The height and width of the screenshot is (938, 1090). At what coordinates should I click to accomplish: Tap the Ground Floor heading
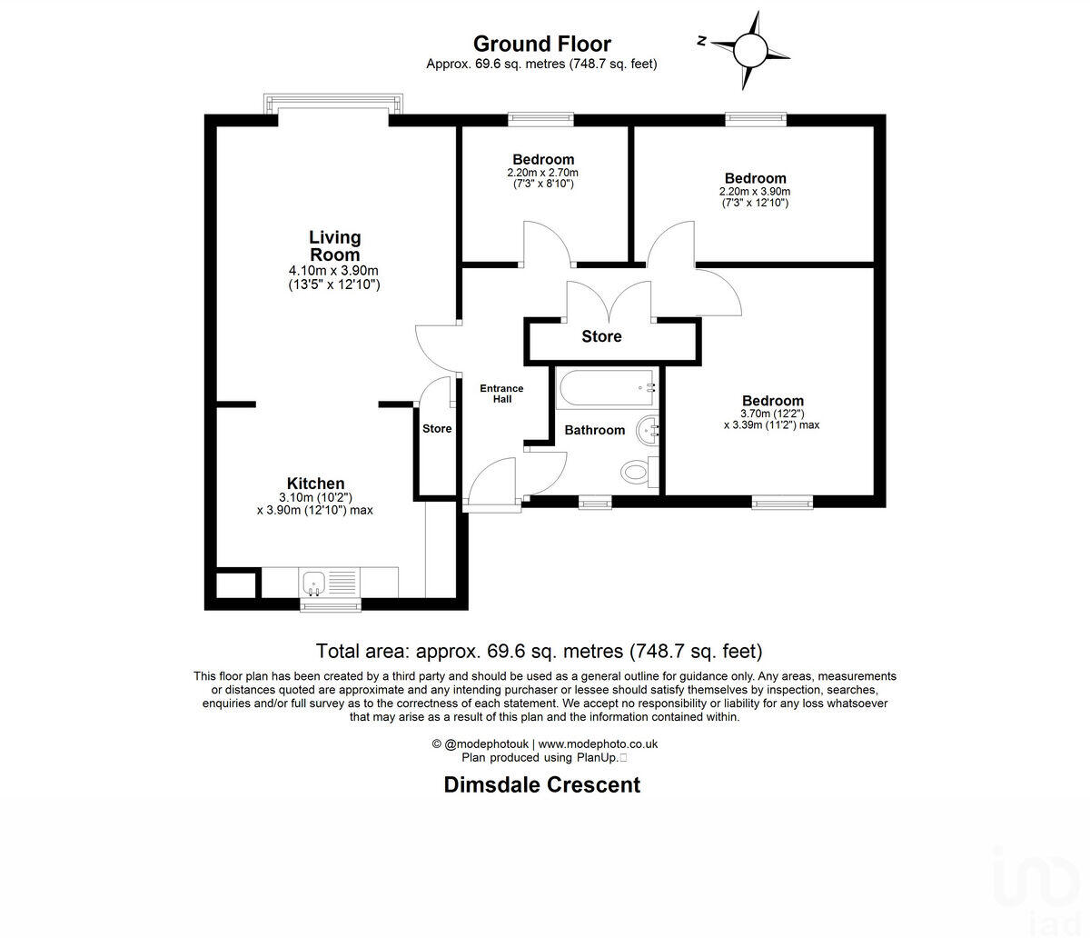click(x=542, y=44)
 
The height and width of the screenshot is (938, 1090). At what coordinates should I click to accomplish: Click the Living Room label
click(x=334, y=245)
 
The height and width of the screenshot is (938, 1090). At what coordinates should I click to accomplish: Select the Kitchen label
click(x=315, y=484)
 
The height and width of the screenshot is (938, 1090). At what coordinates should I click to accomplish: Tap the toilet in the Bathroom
click(x=636, y=470)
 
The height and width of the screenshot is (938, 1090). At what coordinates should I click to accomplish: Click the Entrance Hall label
click(x=501, y=394)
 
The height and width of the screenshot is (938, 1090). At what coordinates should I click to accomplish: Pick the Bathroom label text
click(x=595, y=430)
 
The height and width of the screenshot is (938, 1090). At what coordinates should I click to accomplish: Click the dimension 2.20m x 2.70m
click(x=543, y=173)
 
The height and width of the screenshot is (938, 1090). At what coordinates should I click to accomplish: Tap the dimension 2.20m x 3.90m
click(x=755, y=192)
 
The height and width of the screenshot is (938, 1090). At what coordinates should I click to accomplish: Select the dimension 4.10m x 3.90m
click(x=333, y=271)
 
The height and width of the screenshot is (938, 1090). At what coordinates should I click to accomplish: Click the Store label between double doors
click(x=601, y=336)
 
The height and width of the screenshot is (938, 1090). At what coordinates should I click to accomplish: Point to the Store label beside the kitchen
click(x=437, y=429)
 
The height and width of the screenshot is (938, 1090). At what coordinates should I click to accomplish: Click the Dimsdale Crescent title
click(x=542, y=784)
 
